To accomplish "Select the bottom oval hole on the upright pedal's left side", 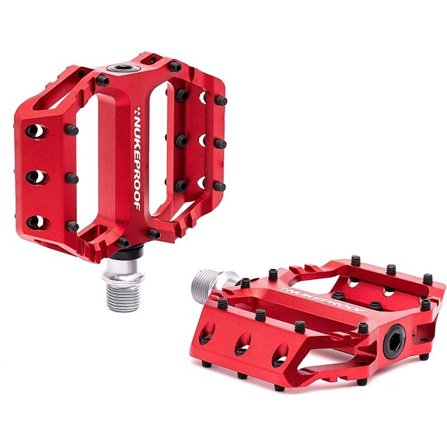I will (x=37, y=223).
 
